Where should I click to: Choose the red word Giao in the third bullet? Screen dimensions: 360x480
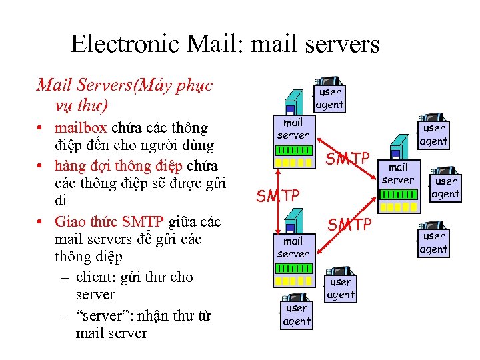[x=71, y=221]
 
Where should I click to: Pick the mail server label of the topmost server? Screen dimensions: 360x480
[x=293, y=129]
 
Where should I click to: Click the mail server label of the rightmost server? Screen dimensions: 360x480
[x=397, y=173]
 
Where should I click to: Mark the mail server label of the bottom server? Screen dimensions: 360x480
[x=293, y=247]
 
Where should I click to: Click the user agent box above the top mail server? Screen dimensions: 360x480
[x=329, y=98]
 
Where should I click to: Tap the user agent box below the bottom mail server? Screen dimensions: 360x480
[x=297, y=315]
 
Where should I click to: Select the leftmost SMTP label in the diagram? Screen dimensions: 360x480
[x=278, y=196]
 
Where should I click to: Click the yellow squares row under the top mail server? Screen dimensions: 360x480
[x=293, y=162]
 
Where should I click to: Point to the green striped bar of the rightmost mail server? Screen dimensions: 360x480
[x=398, y=195]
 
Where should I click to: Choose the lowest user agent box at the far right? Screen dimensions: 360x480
[x=433, y=243]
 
